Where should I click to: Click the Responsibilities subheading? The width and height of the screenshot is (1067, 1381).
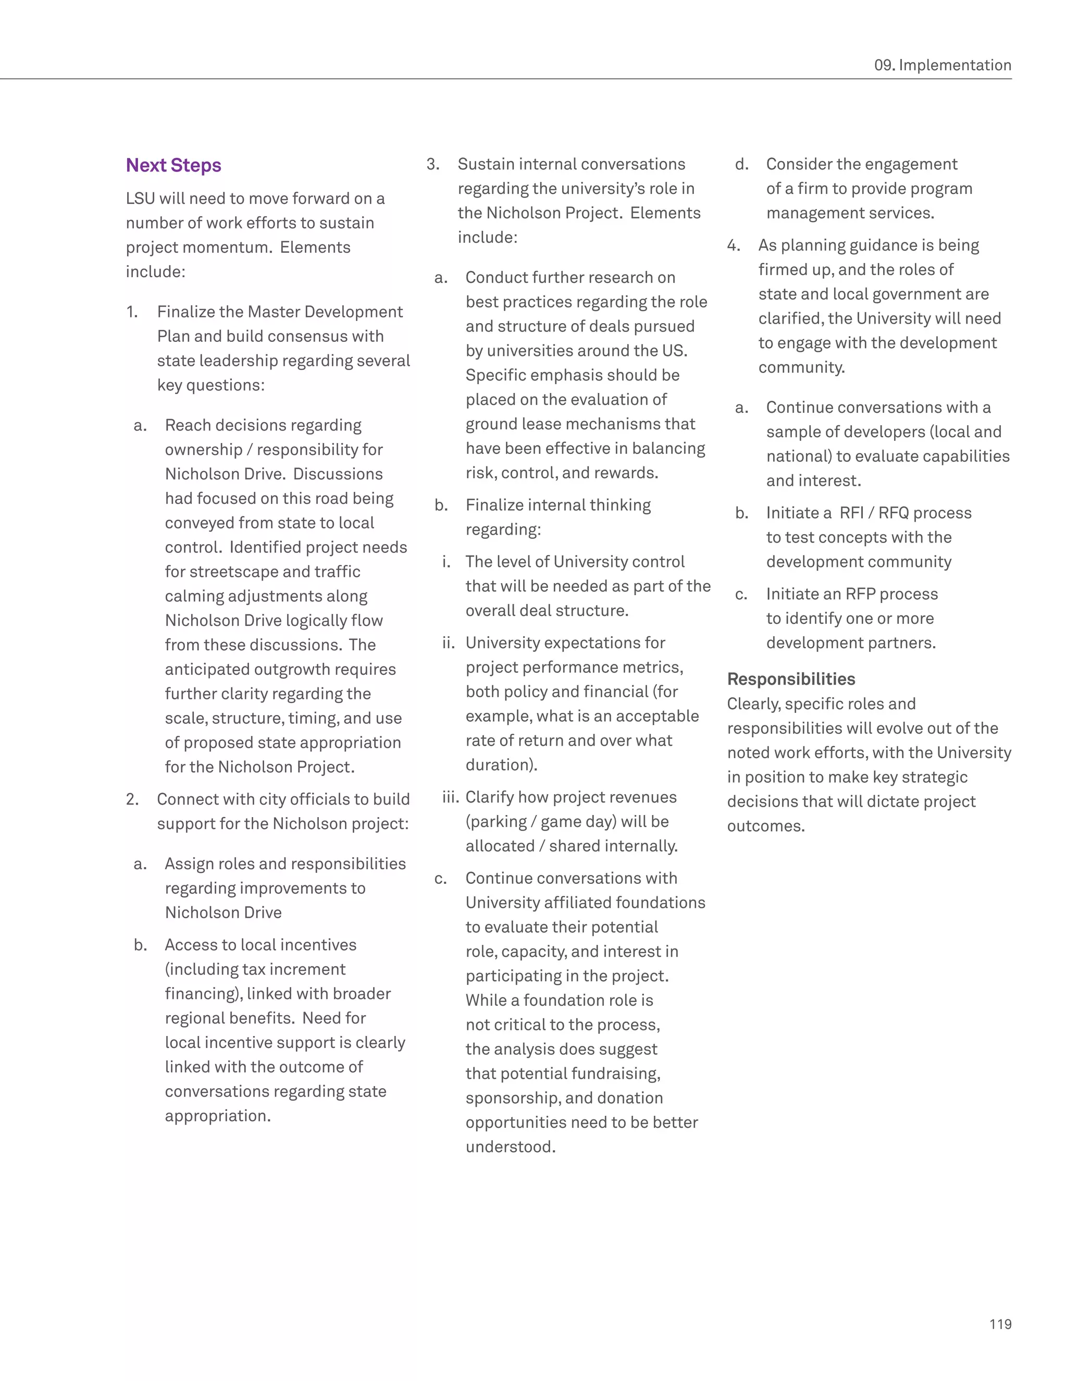791,679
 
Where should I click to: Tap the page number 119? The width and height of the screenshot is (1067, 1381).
1000,1324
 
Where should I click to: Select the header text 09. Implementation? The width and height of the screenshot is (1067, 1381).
942,65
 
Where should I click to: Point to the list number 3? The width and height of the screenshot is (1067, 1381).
432,164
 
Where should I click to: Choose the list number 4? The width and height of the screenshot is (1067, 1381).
733,245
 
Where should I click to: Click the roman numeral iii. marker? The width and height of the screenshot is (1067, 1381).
450,797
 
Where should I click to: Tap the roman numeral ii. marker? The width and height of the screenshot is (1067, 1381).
448,643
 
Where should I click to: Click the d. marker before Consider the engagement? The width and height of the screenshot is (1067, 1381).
741,164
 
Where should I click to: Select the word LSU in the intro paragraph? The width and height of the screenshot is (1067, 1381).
140,199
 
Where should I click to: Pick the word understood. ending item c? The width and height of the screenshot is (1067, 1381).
510,1146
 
